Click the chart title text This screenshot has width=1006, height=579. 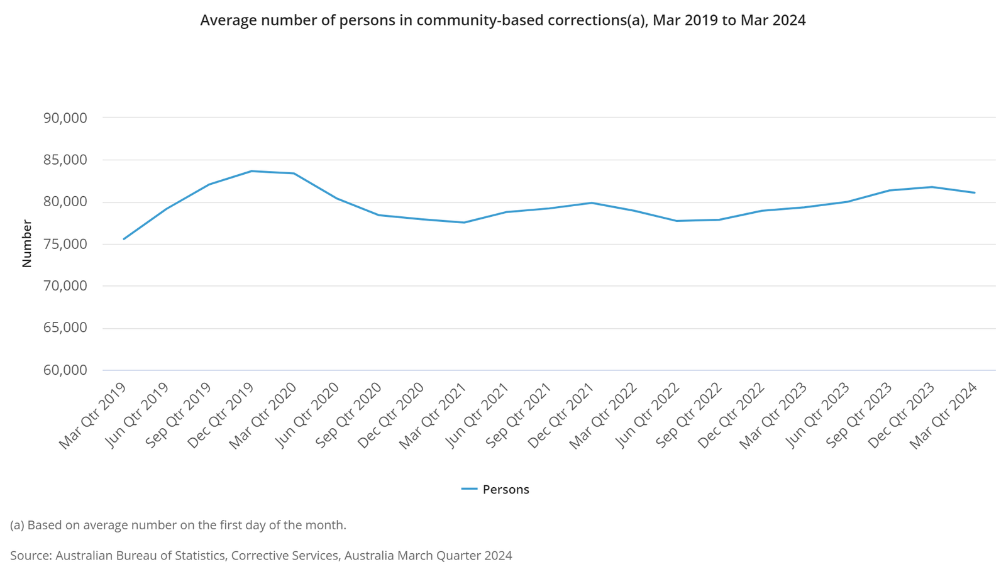502,20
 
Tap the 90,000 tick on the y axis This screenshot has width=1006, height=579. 65,118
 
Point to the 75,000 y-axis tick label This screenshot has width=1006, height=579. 65,244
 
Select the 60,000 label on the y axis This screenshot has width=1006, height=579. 65,370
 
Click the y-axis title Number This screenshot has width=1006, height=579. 26,243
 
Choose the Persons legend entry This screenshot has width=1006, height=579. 496,489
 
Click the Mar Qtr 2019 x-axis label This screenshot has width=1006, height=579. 93,416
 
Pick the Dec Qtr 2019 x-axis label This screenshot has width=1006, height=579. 221,416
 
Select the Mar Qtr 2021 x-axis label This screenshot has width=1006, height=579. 434,416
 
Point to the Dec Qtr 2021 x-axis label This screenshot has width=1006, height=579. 561,416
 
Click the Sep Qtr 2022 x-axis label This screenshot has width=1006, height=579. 689,416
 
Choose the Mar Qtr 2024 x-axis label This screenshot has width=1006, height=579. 944,416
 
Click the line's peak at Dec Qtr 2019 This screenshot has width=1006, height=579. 251,171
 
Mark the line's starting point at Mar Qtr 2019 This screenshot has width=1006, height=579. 124,239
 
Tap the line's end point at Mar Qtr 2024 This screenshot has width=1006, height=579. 975,192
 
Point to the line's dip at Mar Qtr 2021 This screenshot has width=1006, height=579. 464,223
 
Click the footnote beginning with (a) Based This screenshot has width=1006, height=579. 178,525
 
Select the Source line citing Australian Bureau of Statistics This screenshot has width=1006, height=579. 261,556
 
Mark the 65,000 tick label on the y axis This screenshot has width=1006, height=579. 65,328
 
